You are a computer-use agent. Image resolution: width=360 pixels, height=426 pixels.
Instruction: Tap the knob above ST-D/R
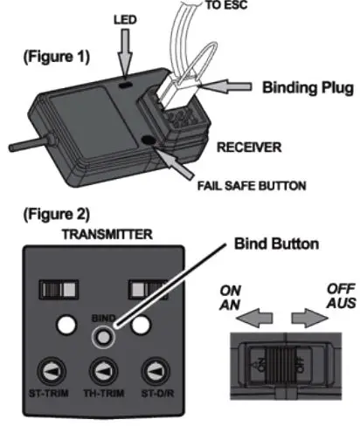[x=158, y=369]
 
